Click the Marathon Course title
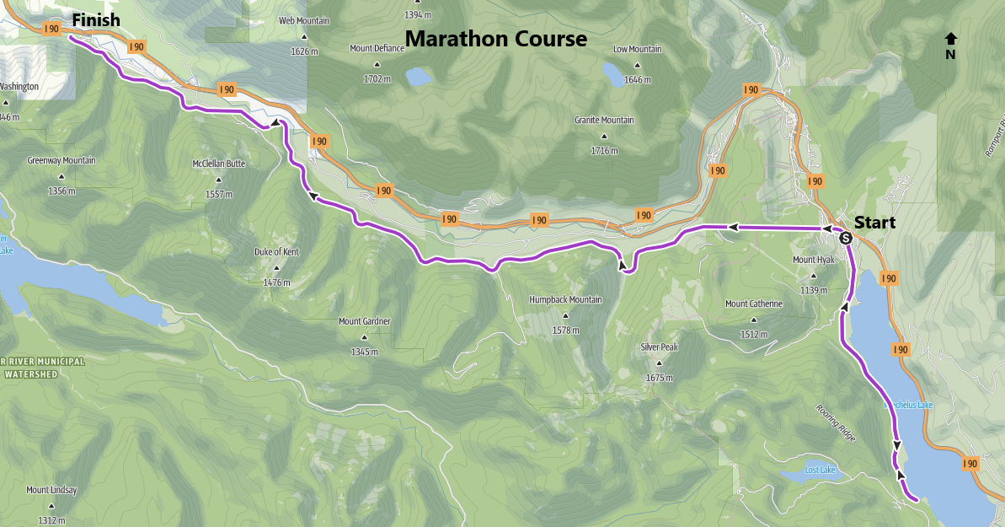pos(496,39)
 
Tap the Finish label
pos(96,19)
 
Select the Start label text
pos(875,223)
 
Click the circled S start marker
pos(846,238)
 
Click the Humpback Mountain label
pos(565,300)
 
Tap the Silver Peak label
pos(659,347)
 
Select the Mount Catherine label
pos(753,304)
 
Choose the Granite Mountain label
pos(604,121)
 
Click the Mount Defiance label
pos(377,49)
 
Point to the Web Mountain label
pos(304,21)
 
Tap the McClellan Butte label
pos(218,164)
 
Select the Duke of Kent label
pos(276,252)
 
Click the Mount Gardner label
pos(364,321)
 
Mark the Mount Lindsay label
pos(51,490)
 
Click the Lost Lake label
pos(820,470)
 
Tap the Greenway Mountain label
pos(61,160)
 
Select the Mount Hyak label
pos(813,260)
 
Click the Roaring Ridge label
pos(835,422)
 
